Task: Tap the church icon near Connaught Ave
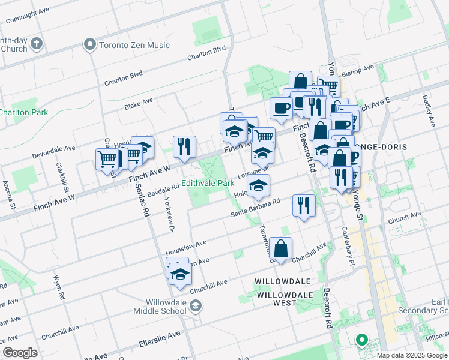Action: [37, 44]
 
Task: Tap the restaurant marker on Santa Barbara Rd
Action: [304, 206]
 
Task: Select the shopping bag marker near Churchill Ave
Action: [281, 247]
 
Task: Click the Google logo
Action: [20, 353]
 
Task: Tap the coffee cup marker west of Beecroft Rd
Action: [281, 108]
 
